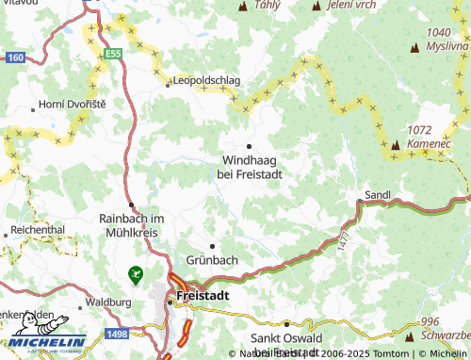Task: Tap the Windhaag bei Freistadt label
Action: pyautogui.click(x=250, y=167)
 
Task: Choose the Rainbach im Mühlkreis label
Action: pyautogui.click(x=132, y=225)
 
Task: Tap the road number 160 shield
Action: pyautogui.click(x=13, y=57)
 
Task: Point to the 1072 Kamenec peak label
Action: pyautogui.click(x=425, y=136)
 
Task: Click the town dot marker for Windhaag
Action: pyautogui.click(x=249, y=146)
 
